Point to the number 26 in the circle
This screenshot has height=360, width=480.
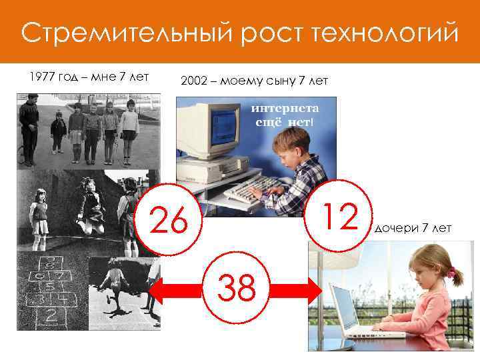coord(169,220)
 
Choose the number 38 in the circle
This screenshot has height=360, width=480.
coord(237,289)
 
